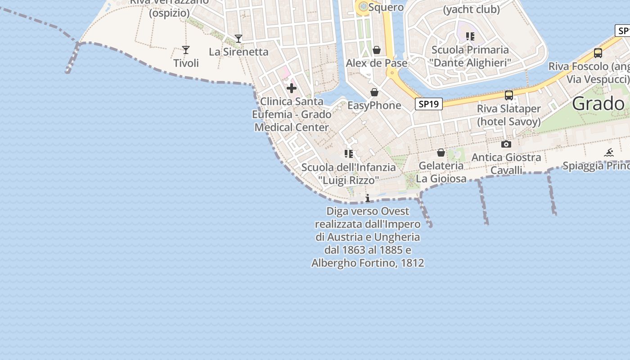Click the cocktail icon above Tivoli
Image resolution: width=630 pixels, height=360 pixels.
[185, 49]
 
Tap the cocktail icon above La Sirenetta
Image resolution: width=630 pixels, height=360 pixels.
[238, 39]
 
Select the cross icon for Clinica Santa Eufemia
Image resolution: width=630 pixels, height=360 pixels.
[292, 88]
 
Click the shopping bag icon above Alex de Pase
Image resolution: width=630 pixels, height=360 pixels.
[377, 50]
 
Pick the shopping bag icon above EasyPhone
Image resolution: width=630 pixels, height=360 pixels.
[374, 92]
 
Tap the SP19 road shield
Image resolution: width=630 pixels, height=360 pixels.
[428, 104]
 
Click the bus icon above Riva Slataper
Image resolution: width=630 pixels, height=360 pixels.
[509, 95]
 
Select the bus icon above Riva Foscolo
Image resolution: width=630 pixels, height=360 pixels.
[598, 53]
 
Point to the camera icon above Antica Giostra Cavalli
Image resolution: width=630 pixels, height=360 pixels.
[506, 144]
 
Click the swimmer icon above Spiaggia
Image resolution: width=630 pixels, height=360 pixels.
[609, 153]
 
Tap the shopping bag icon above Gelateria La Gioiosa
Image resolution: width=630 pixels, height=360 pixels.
[441, 153]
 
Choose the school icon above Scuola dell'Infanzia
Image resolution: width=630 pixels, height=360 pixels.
[349, 154]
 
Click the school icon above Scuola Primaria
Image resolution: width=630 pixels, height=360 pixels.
[470, 36]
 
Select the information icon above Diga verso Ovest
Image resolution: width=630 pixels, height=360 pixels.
[368, 198]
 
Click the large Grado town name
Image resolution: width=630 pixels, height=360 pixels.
[598, 104]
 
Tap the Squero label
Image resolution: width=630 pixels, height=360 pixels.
[386, 7]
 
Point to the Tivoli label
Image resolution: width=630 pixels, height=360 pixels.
[186, 63]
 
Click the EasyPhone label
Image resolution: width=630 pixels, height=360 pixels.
[374, 105]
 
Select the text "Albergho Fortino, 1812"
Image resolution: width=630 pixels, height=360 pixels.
[368, 263]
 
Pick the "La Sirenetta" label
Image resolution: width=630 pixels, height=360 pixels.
[238, 52]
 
